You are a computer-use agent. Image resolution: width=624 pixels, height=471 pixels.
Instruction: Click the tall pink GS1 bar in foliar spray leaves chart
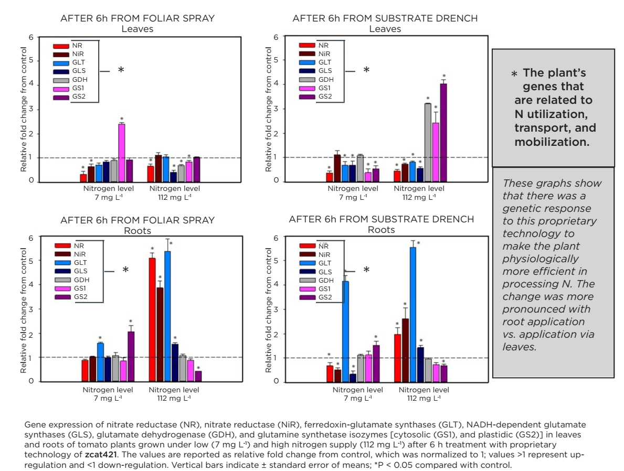121,152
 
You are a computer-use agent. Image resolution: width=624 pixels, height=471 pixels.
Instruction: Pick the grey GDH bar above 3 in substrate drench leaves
428,142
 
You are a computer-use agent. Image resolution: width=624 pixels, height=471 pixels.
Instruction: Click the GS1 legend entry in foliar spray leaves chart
69,89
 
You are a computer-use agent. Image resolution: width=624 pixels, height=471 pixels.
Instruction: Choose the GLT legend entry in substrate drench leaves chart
315,62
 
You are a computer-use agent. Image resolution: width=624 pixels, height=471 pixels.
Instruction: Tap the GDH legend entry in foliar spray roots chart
71,280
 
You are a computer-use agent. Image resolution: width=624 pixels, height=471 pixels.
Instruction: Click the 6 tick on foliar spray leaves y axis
31,37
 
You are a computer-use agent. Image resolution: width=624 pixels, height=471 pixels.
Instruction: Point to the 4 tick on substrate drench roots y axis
276,285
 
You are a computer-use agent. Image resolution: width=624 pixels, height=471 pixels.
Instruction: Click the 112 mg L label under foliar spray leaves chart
174,197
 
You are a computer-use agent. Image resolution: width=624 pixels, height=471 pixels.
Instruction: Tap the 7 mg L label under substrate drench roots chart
357,398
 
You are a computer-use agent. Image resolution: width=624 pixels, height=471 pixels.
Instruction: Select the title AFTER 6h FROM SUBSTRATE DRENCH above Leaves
385,19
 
